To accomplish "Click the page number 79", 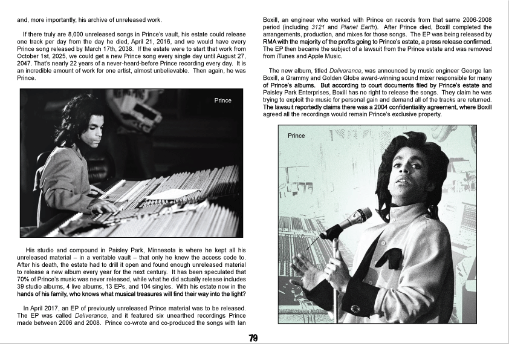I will pos(254,338).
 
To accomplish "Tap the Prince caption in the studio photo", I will pos(222,100).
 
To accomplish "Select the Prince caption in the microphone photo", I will pos(296,136).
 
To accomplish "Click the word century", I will pos(209,272).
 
